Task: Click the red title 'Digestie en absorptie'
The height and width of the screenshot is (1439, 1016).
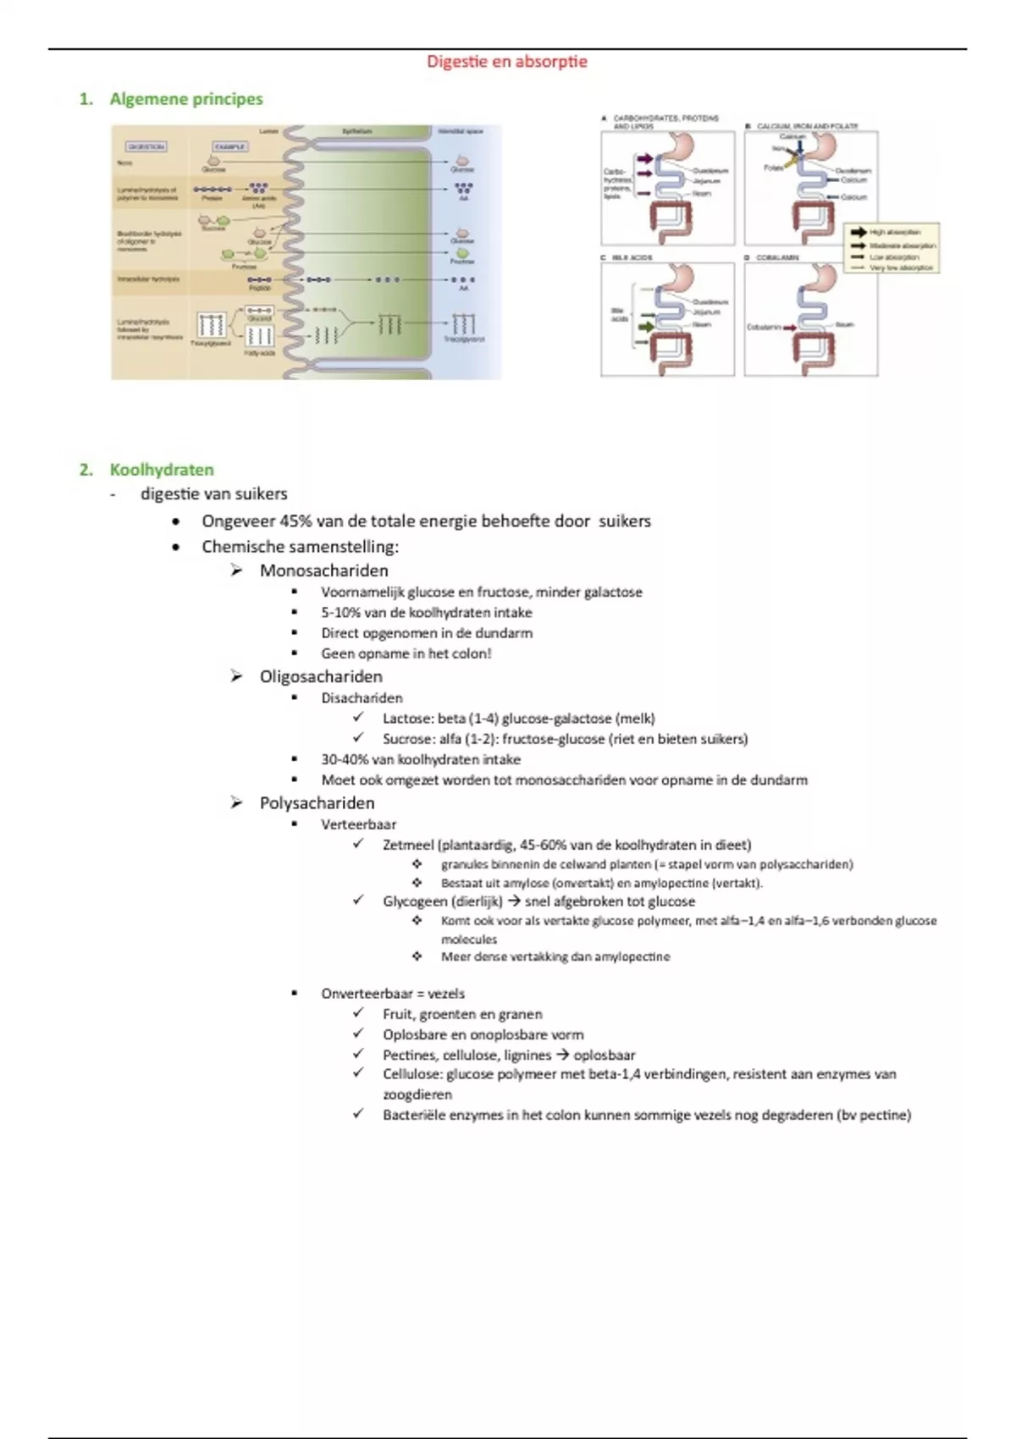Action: tap(506, 62)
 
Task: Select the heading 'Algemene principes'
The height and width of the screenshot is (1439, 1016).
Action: tap(186, 99)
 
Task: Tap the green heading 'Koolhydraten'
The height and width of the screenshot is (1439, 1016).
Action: tap(162, 470)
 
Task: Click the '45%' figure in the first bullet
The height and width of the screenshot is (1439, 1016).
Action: tap(295, 521)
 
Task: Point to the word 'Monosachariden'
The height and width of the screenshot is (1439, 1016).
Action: tap(323, 571)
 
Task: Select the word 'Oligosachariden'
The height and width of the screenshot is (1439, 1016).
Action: tap(321, 676)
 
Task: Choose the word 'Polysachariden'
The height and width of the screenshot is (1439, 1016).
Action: tap(317, 802)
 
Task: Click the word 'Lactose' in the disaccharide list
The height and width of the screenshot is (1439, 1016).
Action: tap(406, 719)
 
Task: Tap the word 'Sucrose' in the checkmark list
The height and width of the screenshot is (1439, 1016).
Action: tap(407, 739)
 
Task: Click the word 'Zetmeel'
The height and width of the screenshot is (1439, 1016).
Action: tap(408, 845)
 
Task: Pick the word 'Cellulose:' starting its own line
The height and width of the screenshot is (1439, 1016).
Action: tap(412, 1074)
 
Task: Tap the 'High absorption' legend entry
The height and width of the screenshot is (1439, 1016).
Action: tap(894, 232)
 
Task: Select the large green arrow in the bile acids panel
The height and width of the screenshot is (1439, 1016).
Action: tap(646, 326)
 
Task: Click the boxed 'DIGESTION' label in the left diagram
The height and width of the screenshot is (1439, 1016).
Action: tap(146, 146)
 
